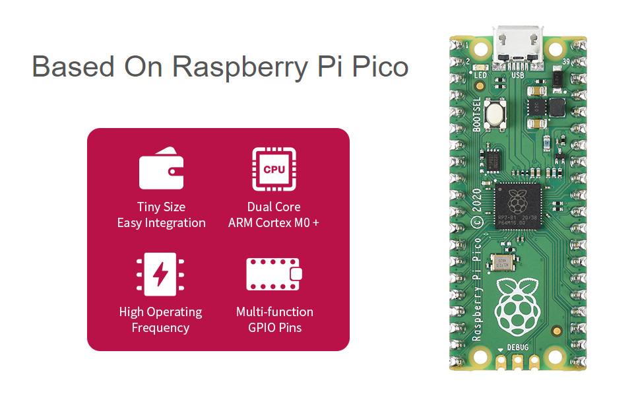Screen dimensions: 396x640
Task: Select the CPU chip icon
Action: (x=274, y=169)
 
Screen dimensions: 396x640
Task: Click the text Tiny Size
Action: (x=161, y=207)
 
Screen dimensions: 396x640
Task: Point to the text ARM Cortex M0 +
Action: (x=274, y=223)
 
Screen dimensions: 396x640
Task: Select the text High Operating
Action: (x=161, y=312)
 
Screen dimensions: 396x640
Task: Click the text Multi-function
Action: (x=274, y=312)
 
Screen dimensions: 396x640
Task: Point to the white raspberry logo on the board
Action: (x=518, y=306)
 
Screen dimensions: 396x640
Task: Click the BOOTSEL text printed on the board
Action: (x=477, y=116)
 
